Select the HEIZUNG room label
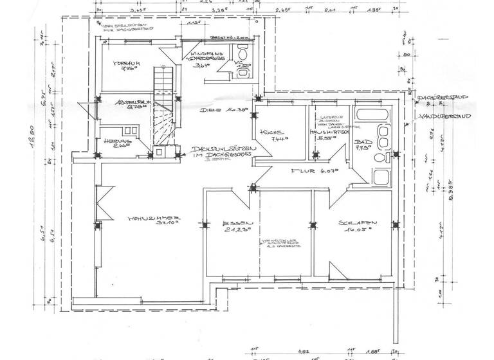pos(122,141)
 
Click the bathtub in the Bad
pos(373,116)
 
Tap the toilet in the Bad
pos(381,157)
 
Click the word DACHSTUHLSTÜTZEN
pos(222,148)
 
